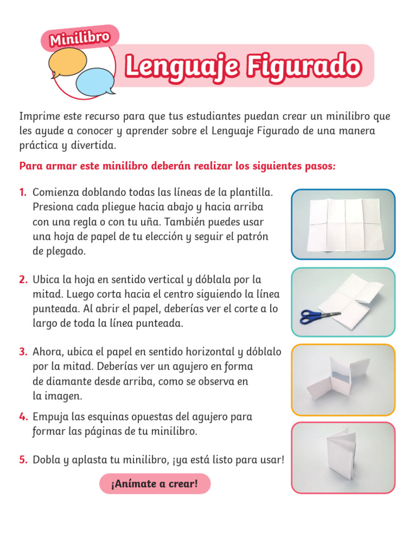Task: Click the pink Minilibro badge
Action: coord(79,38)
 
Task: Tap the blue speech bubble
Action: coord(96,81)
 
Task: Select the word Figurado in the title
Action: coord(304,67)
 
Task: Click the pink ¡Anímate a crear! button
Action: coord(155,484)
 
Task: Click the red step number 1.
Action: coord(23,193)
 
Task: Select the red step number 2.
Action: coord(23,280)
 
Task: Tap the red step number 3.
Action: coord(23,352)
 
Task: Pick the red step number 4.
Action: coord(23,417)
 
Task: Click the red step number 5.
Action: coord(23,460)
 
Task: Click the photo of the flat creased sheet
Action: coord(343,224)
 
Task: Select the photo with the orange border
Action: coord(343,380)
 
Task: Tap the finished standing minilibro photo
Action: coord(343,458)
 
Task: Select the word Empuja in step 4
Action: coord(50,417)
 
